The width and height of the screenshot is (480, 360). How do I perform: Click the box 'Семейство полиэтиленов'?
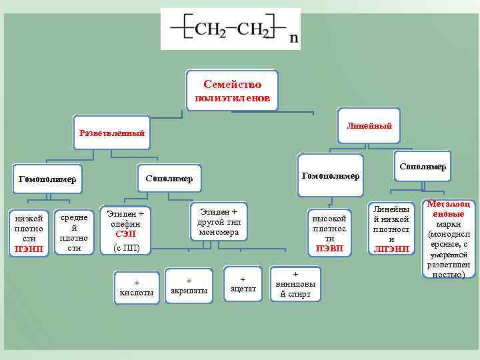[233, 92]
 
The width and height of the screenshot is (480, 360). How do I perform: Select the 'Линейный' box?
[369, 125]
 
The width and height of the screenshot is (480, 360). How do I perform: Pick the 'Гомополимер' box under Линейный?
[331, 175]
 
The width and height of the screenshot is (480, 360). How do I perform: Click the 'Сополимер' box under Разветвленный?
[169, 179]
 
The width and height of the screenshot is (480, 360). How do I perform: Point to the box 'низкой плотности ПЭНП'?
[29, 234]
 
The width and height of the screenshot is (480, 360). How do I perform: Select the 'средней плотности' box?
[74, 233]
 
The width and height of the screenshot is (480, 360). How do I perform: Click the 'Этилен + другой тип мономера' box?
[219, 221]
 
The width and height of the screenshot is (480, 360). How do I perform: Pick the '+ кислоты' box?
[135, 287]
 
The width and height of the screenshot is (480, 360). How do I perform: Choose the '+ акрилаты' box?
[189, 285]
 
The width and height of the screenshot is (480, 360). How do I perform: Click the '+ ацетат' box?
[243, 283]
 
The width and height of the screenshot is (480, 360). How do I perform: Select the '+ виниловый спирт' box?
[295, 283]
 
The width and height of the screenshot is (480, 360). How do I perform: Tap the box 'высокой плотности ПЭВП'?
[329, 233]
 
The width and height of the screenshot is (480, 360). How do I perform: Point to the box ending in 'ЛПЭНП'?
[391, 229]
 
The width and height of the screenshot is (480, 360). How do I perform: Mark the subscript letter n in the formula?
[294, 39]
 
